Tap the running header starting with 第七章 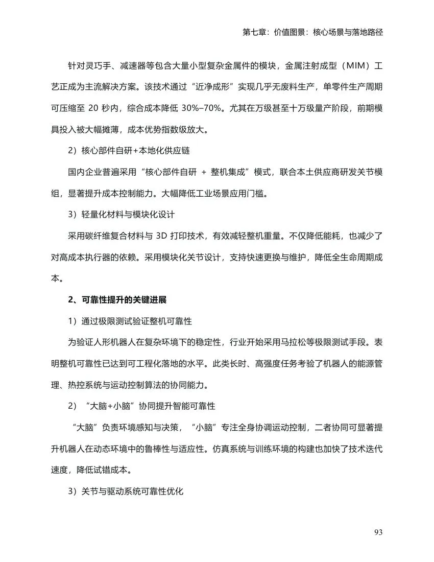click(313, 32)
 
